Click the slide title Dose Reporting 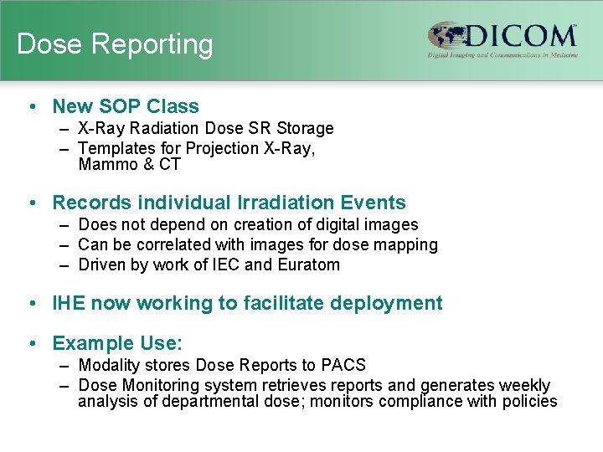(x=115, y=44)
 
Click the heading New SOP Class (x=126, y=106)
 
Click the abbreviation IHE (x=69, y=303)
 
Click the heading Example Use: (x=117, y=343)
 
